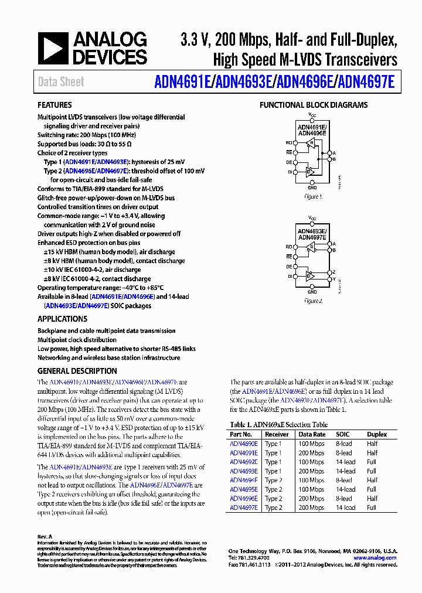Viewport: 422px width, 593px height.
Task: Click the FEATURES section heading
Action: tap(55, 105)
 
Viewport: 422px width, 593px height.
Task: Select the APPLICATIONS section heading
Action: tap(62, 319)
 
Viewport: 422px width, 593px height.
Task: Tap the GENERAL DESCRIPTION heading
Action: tap(77, 372)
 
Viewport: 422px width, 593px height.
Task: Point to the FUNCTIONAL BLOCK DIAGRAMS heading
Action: tap(314, 105)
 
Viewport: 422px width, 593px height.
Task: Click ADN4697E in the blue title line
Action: tap(366, 82)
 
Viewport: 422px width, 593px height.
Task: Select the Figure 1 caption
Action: tap(312, 197)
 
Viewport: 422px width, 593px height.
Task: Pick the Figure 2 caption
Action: tap(312, 301)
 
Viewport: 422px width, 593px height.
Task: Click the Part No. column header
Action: tap(241, 434)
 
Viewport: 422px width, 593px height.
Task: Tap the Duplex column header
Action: tap(377, 434)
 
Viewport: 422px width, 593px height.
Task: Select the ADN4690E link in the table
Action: tap(243, 444)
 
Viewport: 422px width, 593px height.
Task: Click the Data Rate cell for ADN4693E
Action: tap(311, 471)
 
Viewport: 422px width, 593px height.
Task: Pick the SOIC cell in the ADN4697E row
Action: tap(345, 507)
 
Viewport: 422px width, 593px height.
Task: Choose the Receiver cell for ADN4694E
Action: tap(273, 480)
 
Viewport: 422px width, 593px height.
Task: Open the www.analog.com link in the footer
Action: tap(375, 558)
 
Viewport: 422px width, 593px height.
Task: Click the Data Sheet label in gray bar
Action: tap(61, 82)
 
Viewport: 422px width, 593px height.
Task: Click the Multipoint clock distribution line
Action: tap(77, 340)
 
